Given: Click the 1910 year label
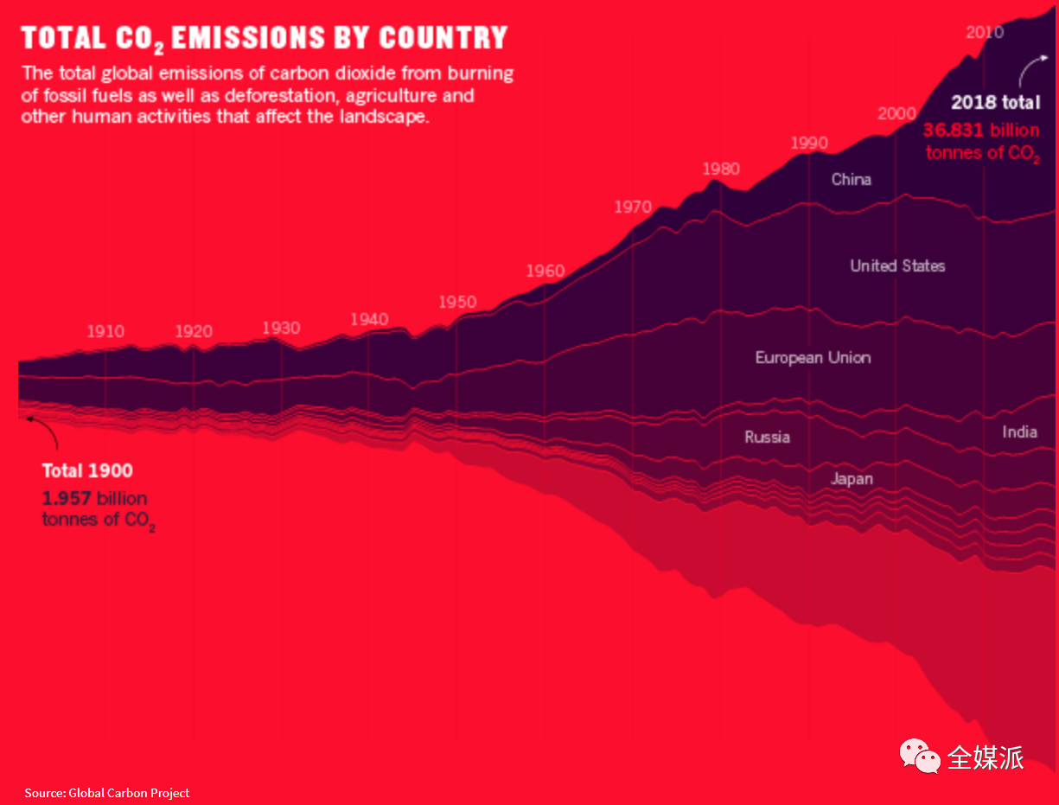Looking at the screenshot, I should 105,331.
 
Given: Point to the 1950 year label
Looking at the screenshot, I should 457,302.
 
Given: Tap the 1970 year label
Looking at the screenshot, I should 633,207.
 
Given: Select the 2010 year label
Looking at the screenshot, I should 985,32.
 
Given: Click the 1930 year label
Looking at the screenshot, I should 281,328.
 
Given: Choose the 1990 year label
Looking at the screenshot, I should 809,143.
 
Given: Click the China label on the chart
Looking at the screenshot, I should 852,179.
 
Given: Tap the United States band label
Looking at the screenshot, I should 897,265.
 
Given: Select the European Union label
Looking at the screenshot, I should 813,357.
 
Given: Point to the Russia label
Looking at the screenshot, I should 768,437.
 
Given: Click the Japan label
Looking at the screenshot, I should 852,478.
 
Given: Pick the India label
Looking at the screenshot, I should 1019,431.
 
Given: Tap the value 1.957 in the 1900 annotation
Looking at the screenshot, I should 67,498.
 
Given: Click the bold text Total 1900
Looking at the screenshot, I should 87,471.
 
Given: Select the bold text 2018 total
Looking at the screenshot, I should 996,102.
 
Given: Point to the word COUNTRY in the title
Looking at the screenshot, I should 443,38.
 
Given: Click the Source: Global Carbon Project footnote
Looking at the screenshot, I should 107,793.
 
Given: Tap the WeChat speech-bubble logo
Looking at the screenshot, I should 920,756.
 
